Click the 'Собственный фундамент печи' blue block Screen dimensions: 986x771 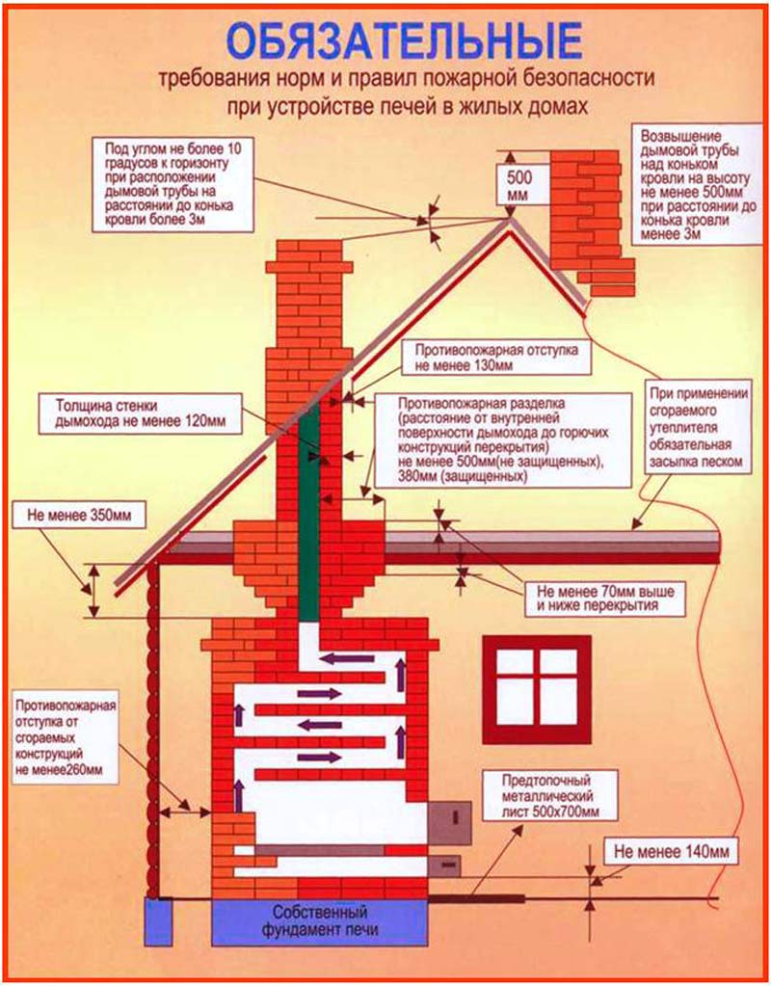coord(317,921)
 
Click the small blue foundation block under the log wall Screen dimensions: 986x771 coord(157,919)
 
